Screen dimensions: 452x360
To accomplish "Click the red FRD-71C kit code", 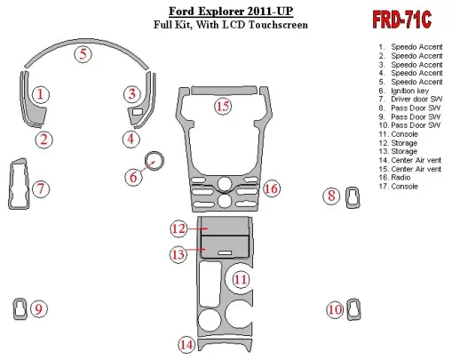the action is [x=401, y=20].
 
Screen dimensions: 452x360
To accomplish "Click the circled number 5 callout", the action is [x=83, y=54].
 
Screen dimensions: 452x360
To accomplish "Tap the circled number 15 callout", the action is [x=223, y=106].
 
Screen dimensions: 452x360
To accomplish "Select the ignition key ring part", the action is [x=154, y=160].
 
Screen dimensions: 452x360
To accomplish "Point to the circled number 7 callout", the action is [x=41, y=188].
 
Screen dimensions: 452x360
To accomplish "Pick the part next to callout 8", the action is [x=353, y=197].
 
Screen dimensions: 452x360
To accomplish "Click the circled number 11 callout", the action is [x=240, y=279].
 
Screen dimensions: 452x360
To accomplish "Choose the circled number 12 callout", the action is [x=178, y=228].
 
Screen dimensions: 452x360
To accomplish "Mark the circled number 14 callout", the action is [x=186, y=345].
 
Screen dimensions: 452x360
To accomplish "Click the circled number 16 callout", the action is [x=271, y=188].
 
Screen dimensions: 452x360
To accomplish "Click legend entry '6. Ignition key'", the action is [x=404, y=91].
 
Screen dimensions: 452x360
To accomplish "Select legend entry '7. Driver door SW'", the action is [x=410, y=100].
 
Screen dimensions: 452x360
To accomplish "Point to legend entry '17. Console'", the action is [x=399, y=187].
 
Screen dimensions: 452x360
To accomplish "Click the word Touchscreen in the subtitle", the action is [x=278, y=24].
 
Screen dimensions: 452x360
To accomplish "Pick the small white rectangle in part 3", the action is [x=137, y=112].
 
